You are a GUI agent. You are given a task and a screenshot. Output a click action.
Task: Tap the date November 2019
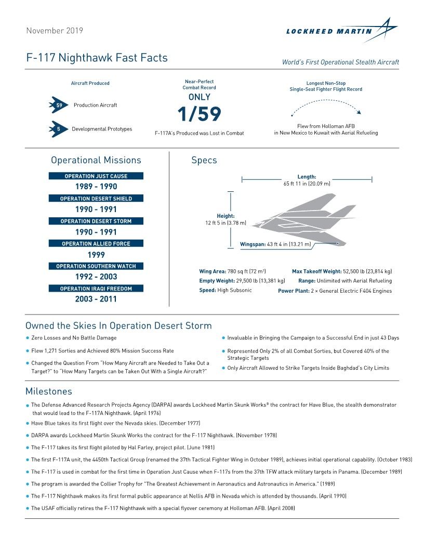(x=54, y=31)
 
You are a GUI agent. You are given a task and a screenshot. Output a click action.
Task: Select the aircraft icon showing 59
(x=59, y=105)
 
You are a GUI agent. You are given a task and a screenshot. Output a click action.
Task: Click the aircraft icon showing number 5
(x=59, y=129)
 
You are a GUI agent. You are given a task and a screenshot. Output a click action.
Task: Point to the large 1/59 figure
(x=199, y=114)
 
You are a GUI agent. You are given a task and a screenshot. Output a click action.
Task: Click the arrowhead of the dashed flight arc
(x=359, y=112)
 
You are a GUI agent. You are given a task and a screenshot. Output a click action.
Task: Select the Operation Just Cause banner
(x=96, y=176)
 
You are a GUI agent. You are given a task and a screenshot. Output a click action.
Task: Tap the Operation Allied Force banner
(x=96, y=244)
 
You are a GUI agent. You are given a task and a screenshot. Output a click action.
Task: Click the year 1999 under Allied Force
(x=96, y=255)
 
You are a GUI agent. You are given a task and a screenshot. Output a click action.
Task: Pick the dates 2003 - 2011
(x=96, y=299)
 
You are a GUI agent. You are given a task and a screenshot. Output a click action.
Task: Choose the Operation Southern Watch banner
(x=96, y=266)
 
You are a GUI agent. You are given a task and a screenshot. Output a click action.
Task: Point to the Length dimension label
(x=307, y=177)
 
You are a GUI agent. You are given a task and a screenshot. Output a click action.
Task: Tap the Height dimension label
(x=226, y=216)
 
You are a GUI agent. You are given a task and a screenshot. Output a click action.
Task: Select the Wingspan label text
(x=253, y=244)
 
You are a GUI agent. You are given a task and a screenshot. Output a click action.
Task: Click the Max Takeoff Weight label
(x=316, y=271)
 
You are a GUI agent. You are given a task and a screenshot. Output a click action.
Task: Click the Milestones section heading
(x=49, y=391)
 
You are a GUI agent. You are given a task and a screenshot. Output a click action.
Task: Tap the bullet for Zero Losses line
(x=28, y=338)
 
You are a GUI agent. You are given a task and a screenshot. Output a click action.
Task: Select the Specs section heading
(x=204, y=160)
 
